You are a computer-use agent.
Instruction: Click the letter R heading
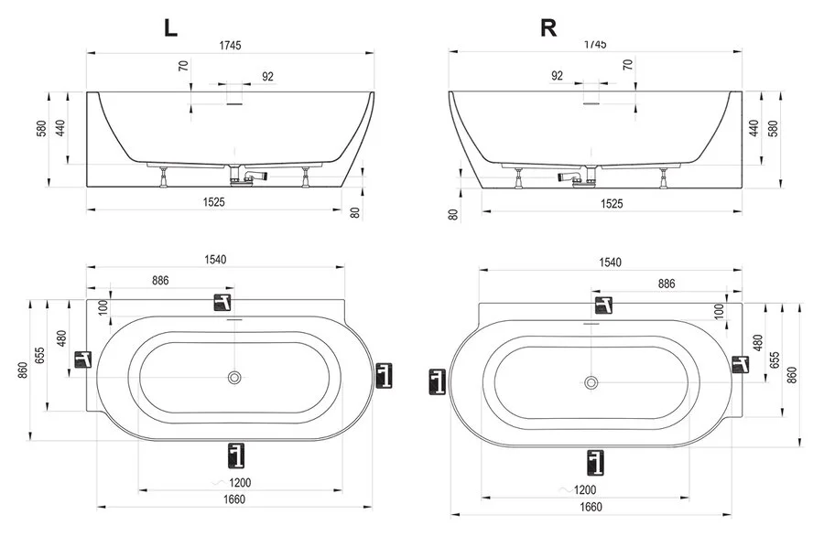(x=548, y=27)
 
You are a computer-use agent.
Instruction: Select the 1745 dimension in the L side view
(x=230, y=46)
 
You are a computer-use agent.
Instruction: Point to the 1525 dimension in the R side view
(x=612, y=204)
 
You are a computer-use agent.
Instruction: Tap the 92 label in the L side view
(x=267, y=77)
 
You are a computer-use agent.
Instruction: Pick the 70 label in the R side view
(x=627, y=65)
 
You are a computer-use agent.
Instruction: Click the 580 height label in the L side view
(x=41, y=129)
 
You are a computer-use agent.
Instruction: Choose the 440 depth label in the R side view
(x=754, y=129)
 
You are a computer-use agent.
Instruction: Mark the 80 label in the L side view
(x=356, y=212)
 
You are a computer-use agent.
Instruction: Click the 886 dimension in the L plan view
(x=160, y=281)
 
